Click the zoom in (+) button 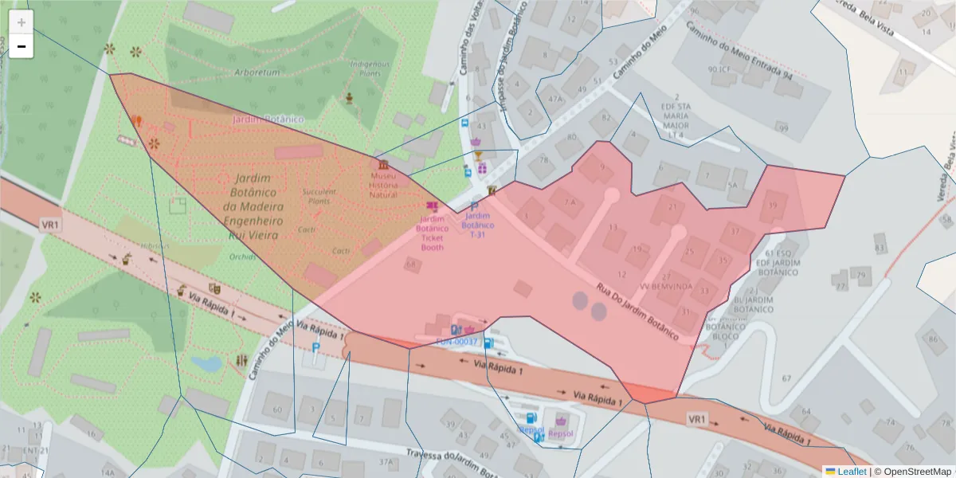[x=22, y=22]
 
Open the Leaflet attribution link [x=848, y=472]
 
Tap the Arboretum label [x=257, y=72]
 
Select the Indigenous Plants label [x=370, y=69]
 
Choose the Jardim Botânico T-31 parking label [x=477, y=225]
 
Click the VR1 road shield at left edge [x=50, y=225]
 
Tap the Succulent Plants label [x=319, y=196]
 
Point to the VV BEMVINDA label [x=665, y=286]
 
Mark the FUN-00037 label [x=456, y=342]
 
